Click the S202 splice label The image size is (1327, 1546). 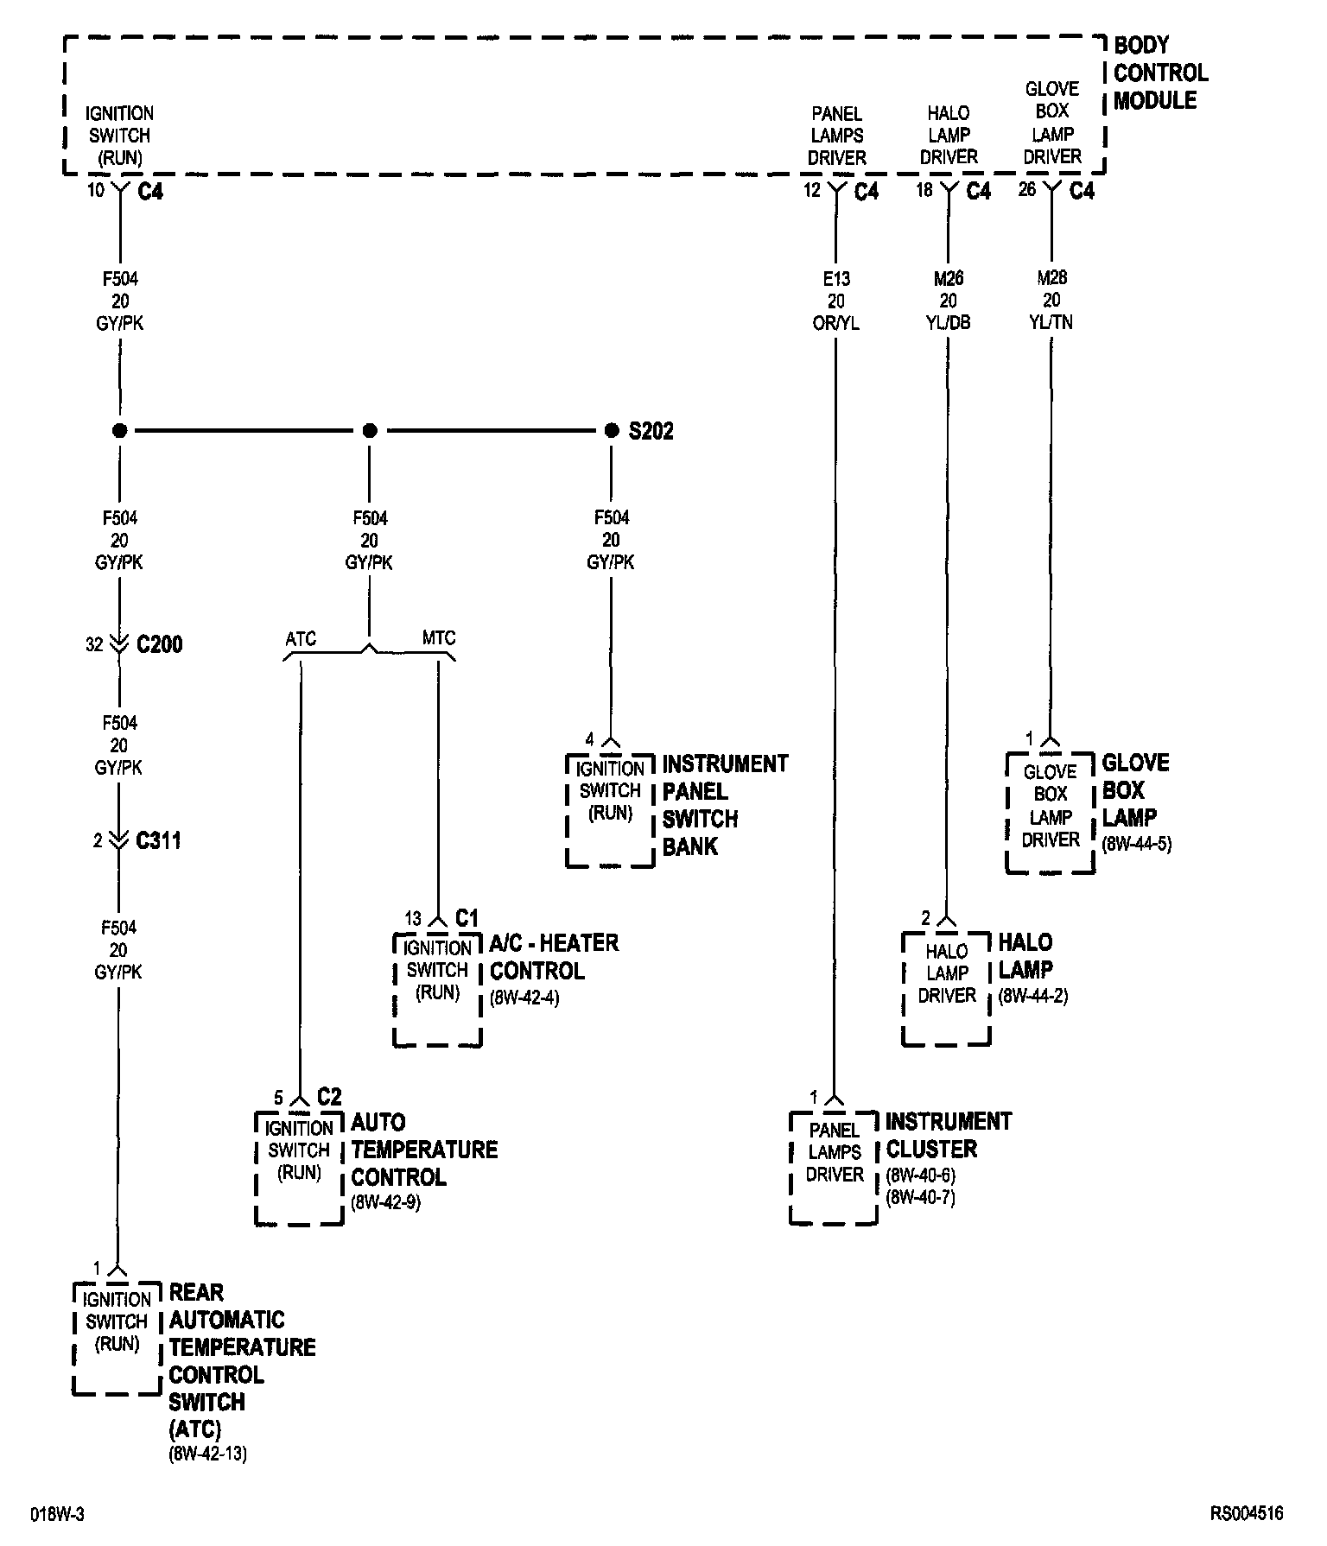point(651,431)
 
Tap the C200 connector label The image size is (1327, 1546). point(159,644)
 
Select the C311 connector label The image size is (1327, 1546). point(158,840)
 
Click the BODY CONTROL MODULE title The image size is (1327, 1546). point(1159,73)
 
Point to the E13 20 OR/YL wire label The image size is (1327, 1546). point(836,301)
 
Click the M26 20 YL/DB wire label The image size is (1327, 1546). point(948,301)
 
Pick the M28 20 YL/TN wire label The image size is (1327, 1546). point(1051,300)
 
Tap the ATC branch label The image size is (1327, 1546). point(301,639)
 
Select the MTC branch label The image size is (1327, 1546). point(439,639)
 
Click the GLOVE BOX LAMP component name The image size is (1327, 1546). point(1135,790)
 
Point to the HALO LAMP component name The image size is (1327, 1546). point(1025,956)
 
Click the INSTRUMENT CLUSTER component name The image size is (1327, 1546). point(948,1135)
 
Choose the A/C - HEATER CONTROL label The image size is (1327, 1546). point(554,956)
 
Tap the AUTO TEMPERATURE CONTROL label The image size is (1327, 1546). point(423,1150)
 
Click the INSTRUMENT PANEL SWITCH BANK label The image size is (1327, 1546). point(724,805)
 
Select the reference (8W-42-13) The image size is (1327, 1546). point(207,1454)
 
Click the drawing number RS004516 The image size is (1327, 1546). point(1246,1514)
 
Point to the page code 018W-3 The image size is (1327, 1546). point(58,1515)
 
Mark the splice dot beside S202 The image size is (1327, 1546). point(612,430)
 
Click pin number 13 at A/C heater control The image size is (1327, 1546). point(413,919)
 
